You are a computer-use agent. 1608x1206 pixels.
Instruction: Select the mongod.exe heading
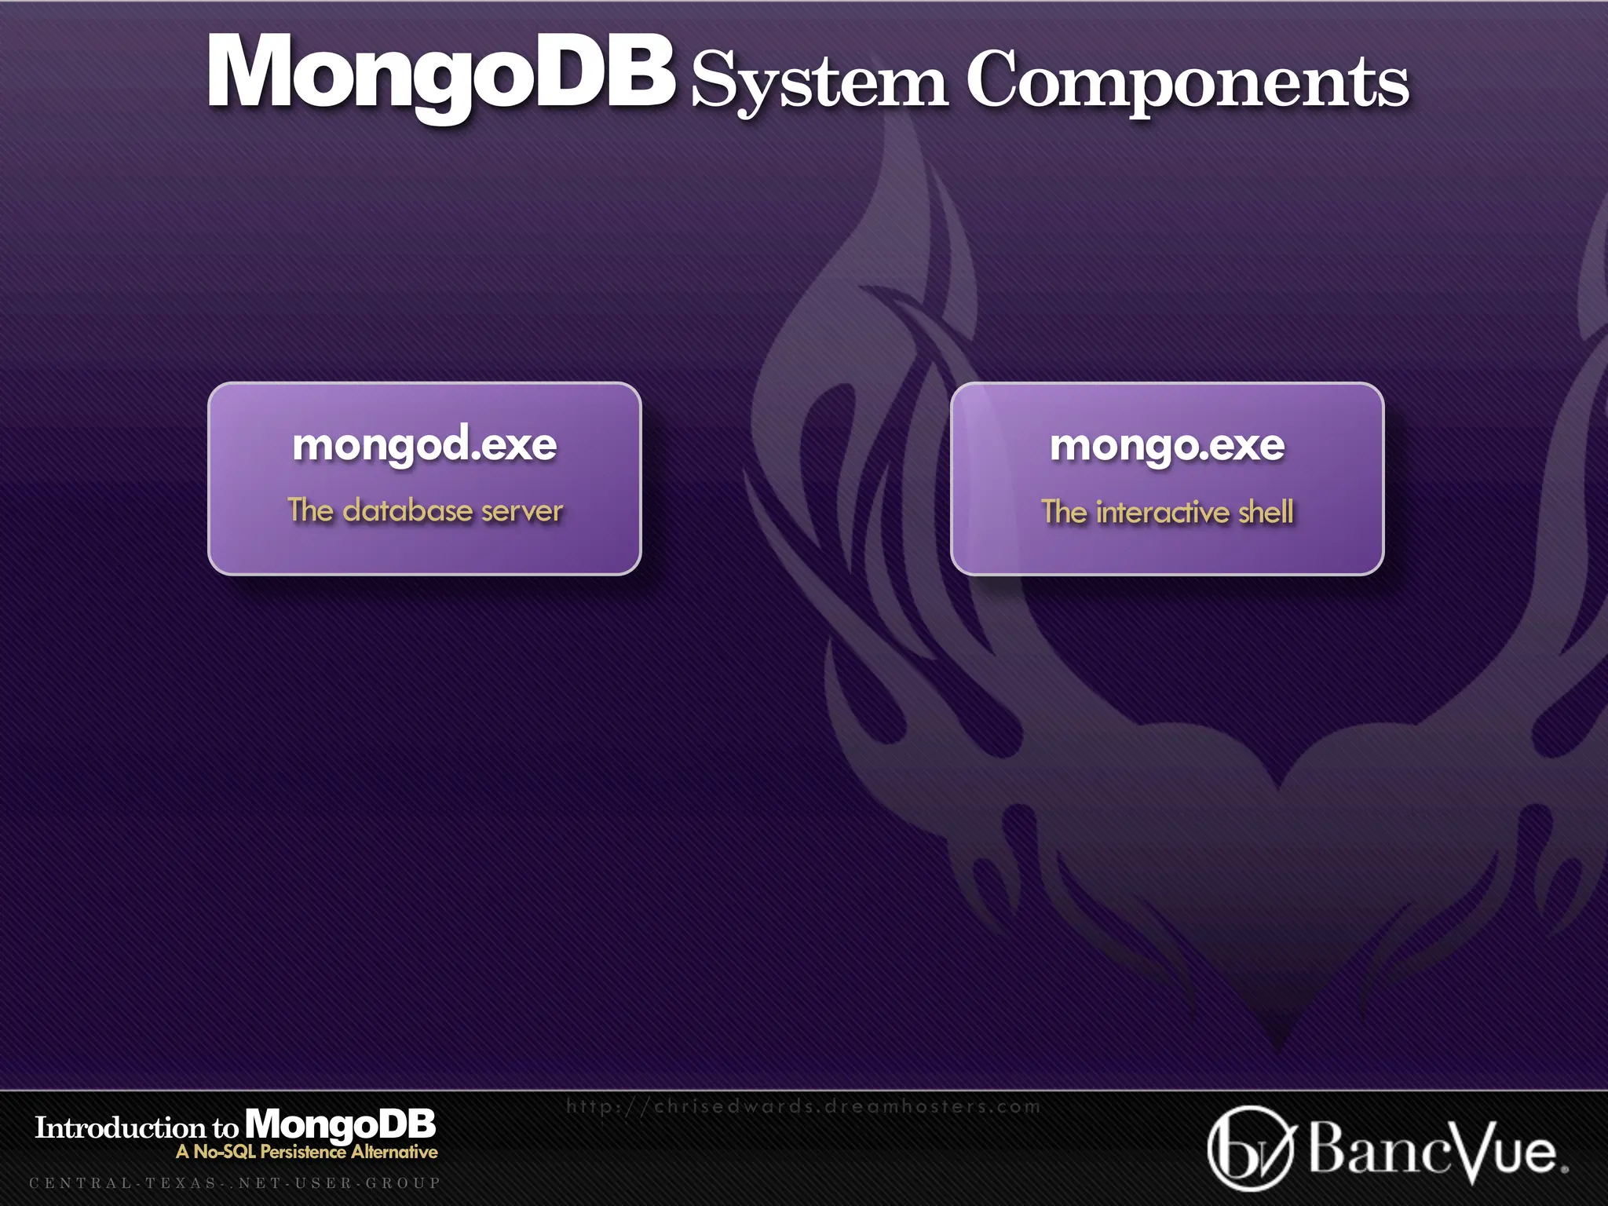click(425, 444)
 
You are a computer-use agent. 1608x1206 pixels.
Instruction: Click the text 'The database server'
click(425, 510)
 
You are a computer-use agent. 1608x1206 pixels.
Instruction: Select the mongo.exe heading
click(1167, 445)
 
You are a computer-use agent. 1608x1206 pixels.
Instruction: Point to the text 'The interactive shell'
click(1167, 512)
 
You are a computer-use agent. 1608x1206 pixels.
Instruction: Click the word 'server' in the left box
click(521, 511)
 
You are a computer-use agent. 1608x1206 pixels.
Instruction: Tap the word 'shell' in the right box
click(1266, 512)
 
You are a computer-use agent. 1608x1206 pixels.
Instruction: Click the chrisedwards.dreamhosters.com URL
click(803, 1107)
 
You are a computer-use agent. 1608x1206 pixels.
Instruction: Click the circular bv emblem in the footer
click(1249, 1148)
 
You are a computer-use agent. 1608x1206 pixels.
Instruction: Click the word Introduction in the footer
click(119, 1128)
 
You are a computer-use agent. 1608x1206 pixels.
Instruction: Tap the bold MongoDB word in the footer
click(340, 1125)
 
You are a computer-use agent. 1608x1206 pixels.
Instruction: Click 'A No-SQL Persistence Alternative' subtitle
click(307, 1152)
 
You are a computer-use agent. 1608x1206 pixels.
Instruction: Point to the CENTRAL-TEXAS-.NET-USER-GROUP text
click(235, 1183)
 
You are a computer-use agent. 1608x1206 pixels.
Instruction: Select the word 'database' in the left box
click(407, 510)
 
